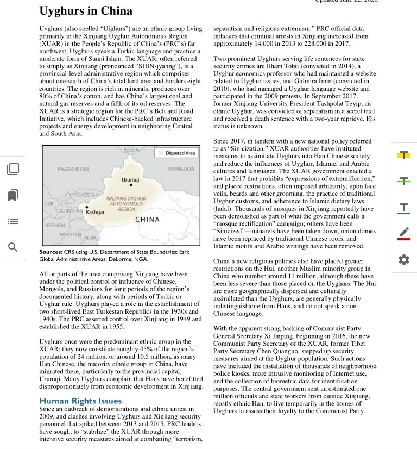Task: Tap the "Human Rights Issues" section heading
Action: pyautogui.click(x=80, y=401)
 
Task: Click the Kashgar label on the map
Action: pyautogui.click(x=95, y=212)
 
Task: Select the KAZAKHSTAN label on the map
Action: pyautogui.click(x=73, y=169)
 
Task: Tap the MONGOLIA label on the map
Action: pyautogui.click(x=181, y=169)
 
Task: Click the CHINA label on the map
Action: pyautogui.click(x=147, y=220)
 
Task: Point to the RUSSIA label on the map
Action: pyautogui.click(x=131, y=149)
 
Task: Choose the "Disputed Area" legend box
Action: pyautogui.click(x=175, y=153)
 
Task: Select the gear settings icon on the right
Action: pyautogui.click(x=403, y=260)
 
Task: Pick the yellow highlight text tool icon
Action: pyautogui.click(x=403, y=155)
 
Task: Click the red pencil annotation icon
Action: pyautogui.click(x=403, y=234)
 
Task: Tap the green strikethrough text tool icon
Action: pyautogui.click(x=403, y=181)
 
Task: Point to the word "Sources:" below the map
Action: pyautogui.click(x=51, y=252)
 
